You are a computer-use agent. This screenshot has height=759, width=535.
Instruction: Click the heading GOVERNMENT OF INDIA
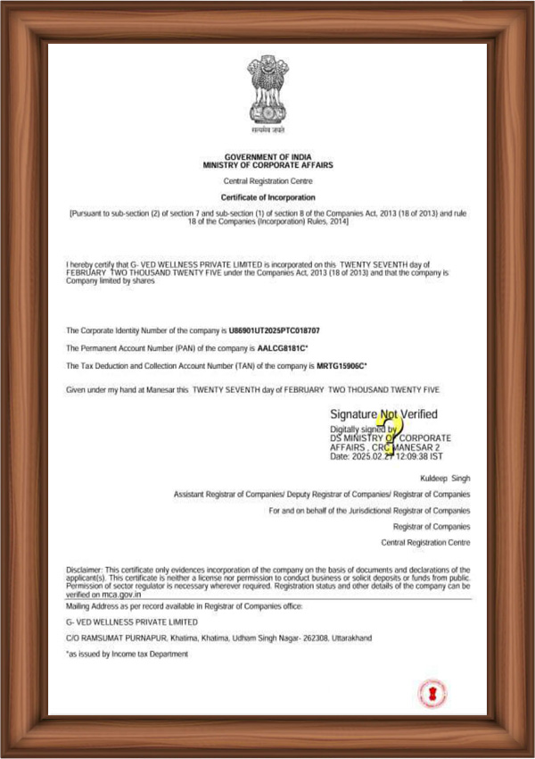pyautogui.click(x=267, y=156)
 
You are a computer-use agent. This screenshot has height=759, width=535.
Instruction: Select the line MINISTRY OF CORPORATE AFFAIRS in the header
pyautogui.click(x=267, y=166)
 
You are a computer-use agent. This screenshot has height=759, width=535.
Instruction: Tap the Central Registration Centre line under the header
pyautogui.click(x=267, y=181)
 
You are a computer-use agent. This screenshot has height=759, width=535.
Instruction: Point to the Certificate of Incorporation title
pyautogui.click(x=267, y=196)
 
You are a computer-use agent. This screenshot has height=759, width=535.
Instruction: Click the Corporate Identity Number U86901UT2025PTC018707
pyautogui.click(x=274, y=331)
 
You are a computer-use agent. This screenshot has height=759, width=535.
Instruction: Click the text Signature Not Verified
pyautogui.click(x=383, y=414)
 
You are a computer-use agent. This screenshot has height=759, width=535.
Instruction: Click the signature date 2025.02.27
pyautogui.click(x=374, y=456)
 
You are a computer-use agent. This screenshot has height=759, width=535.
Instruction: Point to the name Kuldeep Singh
pyautogui.click(x=444, y=479)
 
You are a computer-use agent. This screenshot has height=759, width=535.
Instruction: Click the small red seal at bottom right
pyautogui.click(x=432, y=693)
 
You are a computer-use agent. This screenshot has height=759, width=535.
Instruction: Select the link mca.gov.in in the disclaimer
pyautogui.click(x=120, y=594)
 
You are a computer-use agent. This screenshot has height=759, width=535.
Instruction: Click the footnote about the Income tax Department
pyautogui.click(x=128, y=654)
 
